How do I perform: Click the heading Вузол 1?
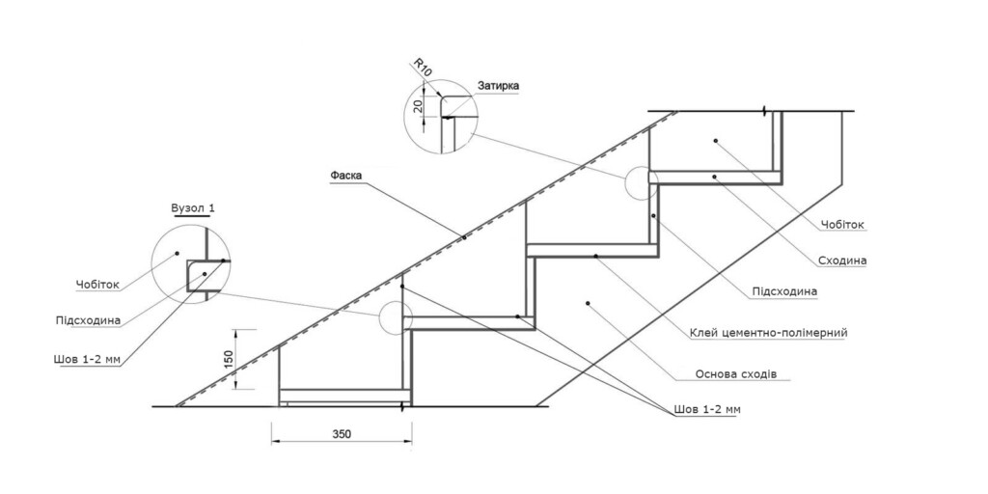coord(192,208)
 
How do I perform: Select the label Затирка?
coord(499,85)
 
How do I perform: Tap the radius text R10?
coord(423,67)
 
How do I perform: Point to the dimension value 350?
coord(343,434)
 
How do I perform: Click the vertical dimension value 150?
coord(230,359)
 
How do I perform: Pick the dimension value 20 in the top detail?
coord(417,106)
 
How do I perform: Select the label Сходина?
coord(840,261)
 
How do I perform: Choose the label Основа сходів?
coord(736,374)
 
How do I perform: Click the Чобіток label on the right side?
coord(842,224)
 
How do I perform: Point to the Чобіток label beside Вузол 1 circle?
coord(97,285)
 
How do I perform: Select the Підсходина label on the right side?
coord(784,291)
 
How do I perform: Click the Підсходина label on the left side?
coord(88,320)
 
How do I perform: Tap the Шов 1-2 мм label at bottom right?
coord(707,409)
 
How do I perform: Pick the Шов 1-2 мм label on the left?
coord(87,360)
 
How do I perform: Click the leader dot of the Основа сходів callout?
coord(588,303)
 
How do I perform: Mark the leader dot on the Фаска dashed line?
coord(464,237)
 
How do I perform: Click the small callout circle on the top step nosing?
coord(642,182)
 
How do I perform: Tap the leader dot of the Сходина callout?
coord(715,177)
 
